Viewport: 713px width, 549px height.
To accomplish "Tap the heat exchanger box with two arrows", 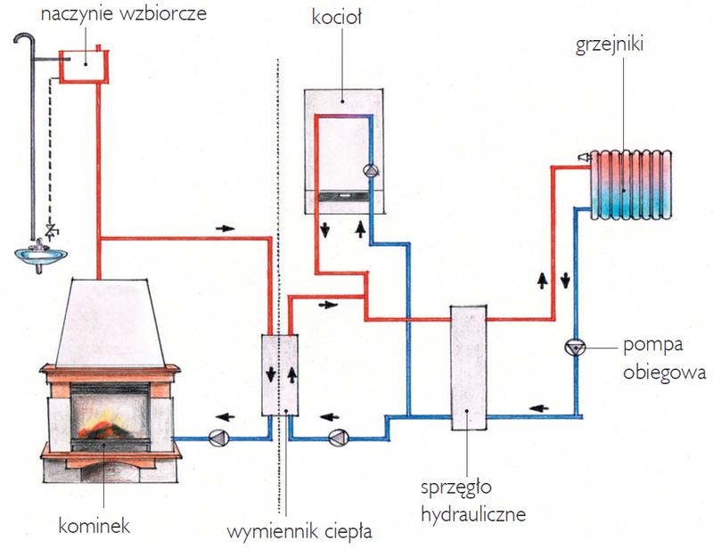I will (x=281, y=374).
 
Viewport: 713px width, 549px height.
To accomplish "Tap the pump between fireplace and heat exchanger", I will (x=217, y=437).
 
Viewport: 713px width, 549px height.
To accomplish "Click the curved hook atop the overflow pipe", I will (x=27, y=39).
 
